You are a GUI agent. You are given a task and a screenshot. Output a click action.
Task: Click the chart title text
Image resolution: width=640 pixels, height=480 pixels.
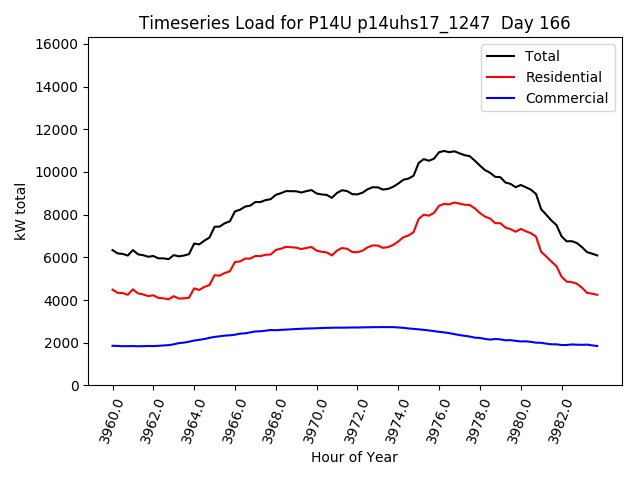(x=347, y=23)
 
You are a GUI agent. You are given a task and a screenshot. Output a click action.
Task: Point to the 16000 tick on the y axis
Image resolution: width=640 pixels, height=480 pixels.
(x=57, y=44)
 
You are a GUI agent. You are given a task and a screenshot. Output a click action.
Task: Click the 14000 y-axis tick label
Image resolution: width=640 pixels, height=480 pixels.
(x=57, y=87)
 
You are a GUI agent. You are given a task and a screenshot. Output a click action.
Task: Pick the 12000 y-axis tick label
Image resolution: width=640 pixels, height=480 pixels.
(x=57, y=130)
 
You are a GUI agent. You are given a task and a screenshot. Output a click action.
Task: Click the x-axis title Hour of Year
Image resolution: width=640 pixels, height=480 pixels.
(x=354, y=457)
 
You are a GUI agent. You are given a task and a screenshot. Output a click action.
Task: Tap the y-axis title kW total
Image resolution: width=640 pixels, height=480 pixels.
(x=21, y=212)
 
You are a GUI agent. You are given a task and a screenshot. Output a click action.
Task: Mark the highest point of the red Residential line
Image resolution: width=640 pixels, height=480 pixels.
(x=455, y=202)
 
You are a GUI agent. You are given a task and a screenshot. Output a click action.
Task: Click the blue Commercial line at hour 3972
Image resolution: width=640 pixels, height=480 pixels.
(x=357, y=327)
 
